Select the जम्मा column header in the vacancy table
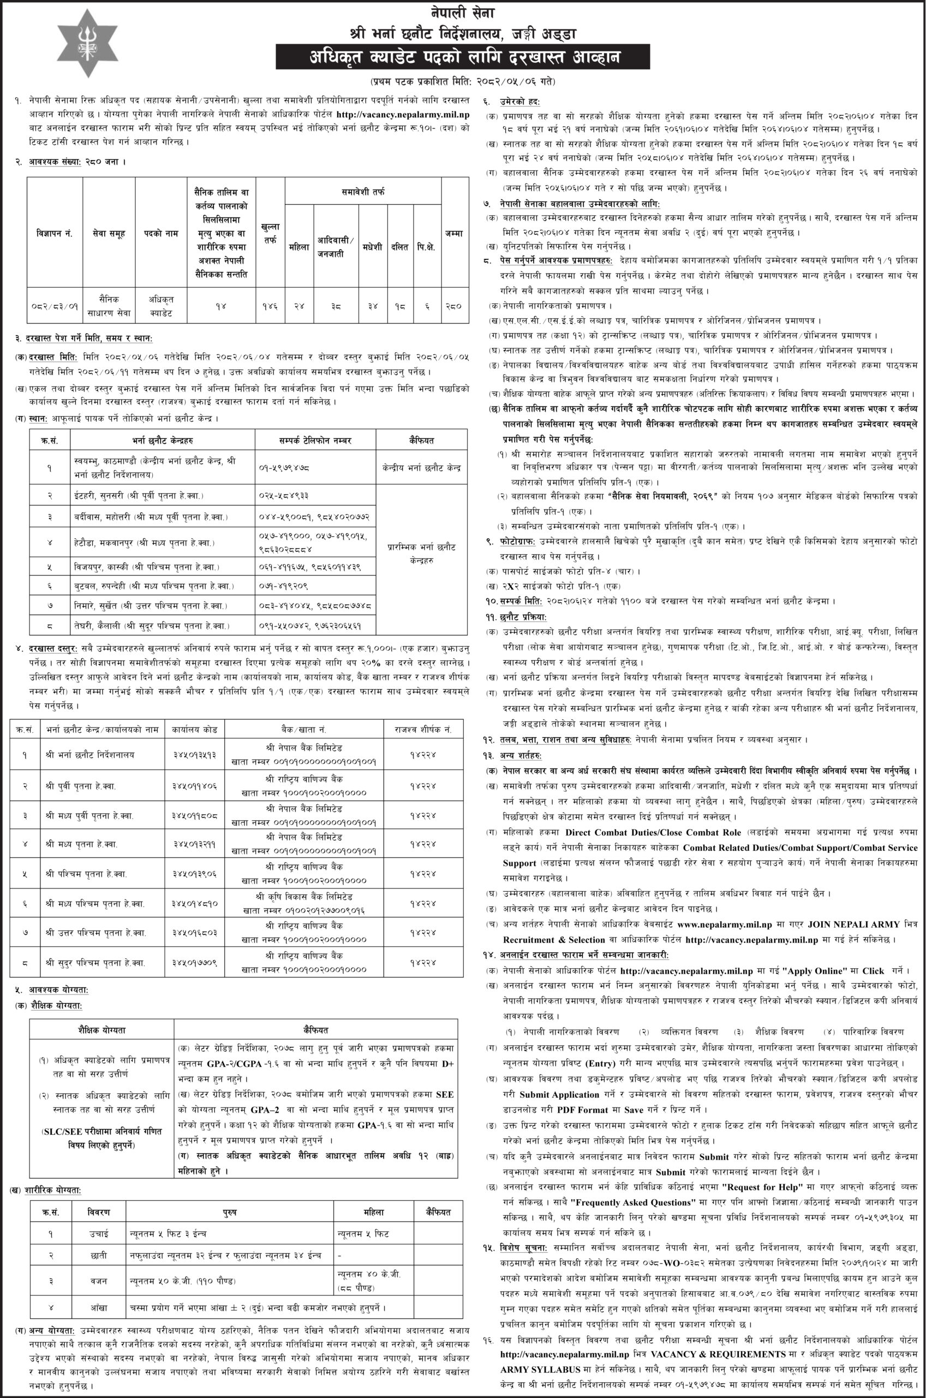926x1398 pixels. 454,233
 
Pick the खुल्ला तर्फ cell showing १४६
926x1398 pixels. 270,306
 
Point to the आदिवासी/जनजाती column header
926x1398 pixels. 335,247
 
